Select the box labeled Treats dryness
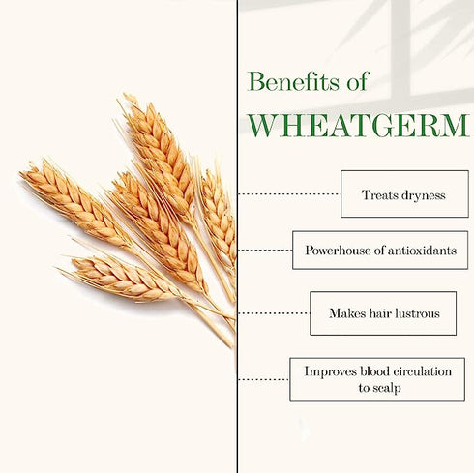coord(404,193)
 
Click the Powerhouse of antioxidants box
coord(380,250)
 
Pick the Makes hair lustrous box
coord(383,313)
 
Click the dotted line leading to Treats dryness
coord(288,193)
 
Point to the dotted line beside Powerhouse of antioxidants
coord(265,250)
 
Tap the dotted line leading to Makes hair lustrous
coord(274,313)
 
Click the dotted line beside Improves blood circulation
coord(263,379)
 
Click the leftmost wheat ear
coord(73,201)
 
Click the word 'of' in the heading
coord(356,82)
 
